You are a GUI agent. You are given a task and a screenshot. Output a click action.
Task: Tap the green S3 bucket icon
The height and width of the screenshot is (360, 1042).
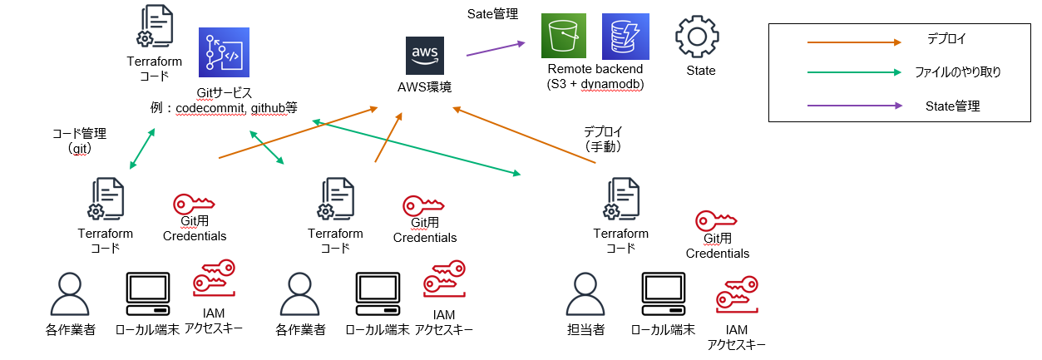coord(564,36)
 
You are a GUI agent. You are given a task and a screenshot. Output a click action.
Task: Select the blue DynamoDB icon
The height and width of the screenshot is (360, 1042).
coord(625,36)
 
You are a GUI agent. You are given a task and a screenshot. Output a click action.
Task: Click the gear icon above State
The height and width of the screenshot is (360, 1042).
coord(697,37)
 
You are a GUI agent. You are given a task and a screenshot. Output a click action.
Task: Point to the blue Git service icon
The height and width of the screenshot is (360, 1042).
coord(222,52)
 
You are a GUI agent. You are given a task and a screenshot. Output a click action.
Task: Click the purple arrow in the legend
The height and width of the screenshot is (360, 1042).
coord(854,106)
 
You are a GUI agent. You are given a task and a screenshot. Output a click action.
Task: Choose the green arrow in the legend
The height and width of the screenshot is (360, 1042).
coord(854,73)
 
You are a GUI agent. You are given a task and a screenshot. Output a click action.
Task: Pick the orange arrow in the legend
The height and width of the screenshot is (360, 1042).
coord(854,41)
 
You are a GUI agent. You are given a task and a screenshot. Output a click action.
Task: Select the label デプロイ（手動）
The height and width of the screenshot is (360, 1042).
coord(603,139)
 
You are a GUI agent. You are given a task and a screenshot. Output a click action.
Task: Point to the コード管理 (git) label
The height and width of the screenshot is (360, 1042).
coord(79,141)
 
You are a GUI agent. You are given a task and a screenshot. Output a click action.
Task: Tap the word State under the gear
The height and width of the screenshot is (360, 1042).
coord(700,71)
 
